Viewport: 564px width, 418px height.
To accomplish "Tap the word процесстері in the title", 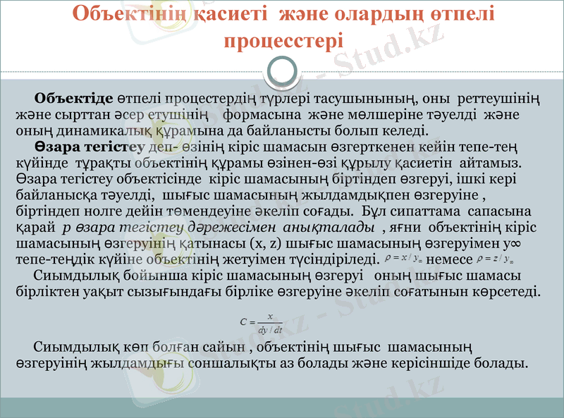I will [x=283, y=39].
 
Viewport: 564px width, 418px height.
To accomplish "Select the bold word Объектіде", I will [x=74, y=97].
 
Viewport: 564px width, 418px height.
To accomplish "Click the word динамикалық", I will [x=82, y=130].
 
